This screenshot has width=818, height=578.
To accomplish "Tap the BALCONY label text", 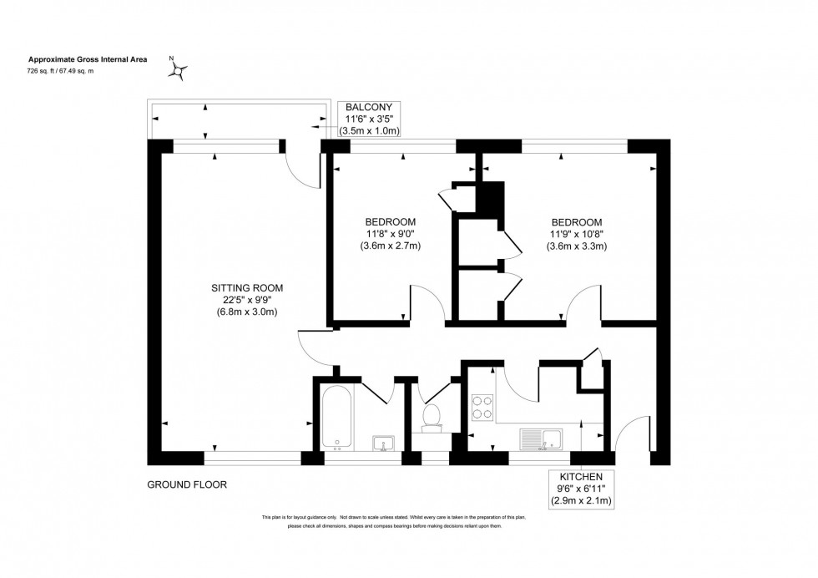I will pos(370,108).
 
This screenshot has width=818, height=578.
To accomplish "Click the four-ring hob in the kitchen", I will pos(483,406).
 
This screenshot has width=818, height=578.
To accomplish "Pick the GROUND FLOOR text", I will pos(187,484).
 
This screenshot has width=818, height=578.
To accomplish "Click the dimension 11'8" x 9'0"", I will pos(389,234).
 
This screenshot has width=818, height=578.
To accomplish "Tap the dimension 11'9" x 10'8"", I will pos(576,234).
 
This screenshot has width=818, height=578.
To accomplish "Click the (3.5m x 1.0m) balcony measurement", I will pos(370,131).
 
